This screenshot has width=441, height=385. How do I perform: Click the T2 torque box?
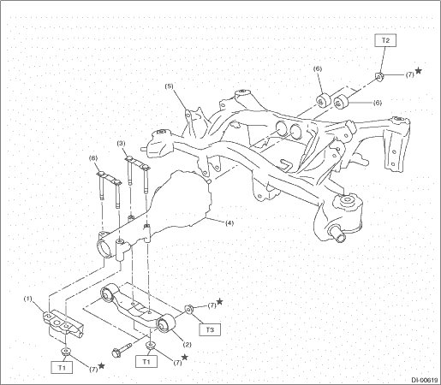pos(385,40)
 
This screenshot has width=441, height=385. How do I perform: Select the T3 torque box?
pos(210,329)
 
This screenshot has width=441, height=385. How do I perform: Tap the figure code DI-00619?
pos(425,380)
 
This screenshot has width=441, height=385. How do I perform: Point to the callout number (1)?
pos(28,299)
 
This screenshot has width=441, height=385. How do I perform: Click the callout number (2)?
pos(187,345)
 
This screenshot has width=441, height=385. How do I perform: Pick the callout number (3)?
pos(122,144)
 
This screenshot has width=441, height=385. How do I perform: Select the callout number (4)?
pos(229,222)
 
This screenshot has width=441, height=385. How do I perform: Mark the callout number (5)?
pos(169,86)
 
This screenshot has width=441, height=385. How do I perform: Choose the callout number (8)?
pos(93,157)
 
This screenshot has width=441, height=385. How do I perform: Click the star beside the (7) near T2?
pos(419,70)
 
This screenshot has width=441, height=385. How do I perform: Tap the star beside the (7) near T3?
pos(219,301)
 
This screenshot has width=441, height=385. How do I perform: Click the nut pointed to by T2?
pos(379,76)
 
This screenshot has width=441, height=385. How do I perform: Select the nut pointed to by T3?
pos(189,309)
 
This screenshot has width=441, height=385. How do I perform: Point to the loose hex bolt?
pos(122,349)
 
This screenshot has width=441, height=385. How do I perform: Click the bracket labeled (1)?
pos(63,323)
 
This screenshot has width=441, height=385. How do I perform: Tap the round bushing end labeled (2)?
pos(166,323)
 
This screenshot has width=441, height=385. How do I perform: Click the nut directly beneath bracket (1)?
pos(66,351)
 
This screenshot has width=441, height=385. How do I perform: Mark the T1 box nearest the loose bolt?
pos(146,362)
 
